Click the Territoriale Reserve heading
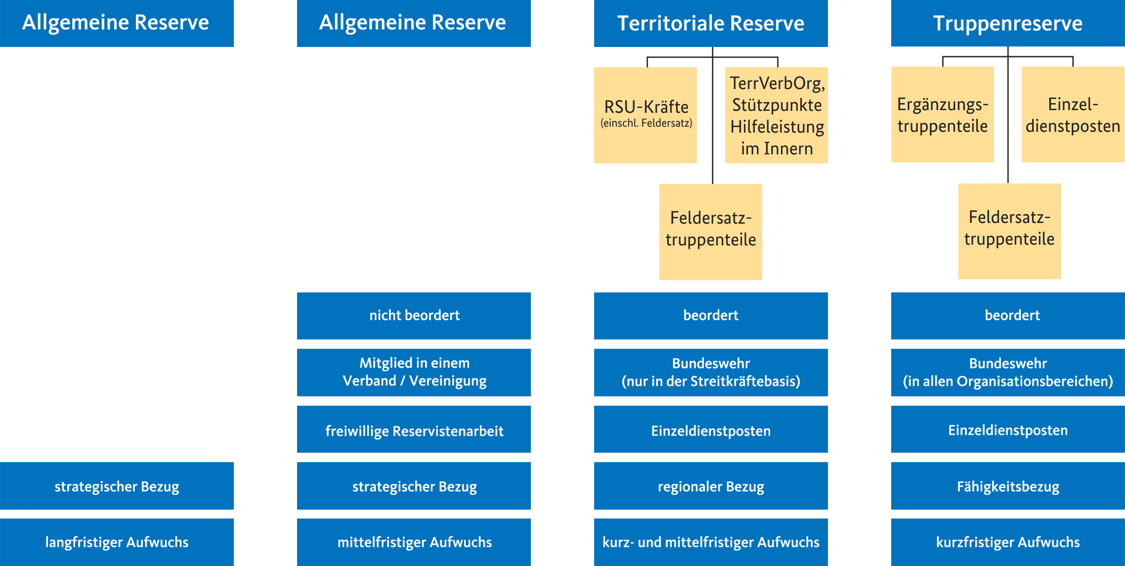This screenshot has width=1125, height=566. click(710, 23)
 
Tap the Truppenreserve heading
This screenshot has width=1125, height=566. click(1007, 23)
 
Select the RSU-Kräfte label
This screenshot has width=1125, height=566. click(646, 107)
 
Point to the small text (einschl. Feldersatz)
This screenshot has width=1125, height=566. click(646, 123)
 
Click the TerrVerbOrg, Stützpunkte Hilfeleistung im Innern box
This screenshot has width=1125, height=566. click(776, 116)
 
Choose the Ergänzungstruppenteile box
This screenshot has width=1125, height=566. click(942, 115)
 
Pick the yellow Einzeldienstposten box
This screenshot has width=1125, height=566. click(1073, 115)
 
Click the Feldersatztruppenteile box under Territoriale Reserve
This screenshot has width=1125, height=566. click(711, 229)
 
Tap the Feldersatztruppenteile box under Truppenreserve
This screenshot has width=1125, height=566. click(1009, 229)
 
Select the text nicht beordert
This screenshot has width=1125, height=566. click(414, 316)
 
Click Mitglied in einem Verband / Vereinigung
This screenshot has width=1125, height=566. click(414, 372)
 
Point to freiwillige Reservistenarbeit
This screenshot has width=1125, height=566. click(414, 432)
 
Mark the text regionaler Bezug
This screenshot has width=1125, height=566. click(711, 487)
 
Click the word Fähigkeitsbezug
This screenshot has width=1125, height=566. click(1008, 487)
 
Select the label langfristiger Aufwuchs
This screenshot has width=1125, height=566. click(117, 543)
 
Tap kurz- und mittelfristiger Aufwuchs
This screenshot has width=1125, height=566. click(711, 543)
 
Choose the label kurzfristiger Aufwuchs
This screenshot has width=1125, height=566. click(1008, 543)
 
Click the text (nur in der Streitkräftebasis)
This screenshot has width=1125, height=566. click(711, 382)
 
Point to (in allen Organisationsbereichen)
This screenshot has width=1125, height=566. click(1008, 382)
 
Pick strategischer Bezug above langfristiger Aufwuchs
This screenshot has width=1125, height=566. click(117, 487)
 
